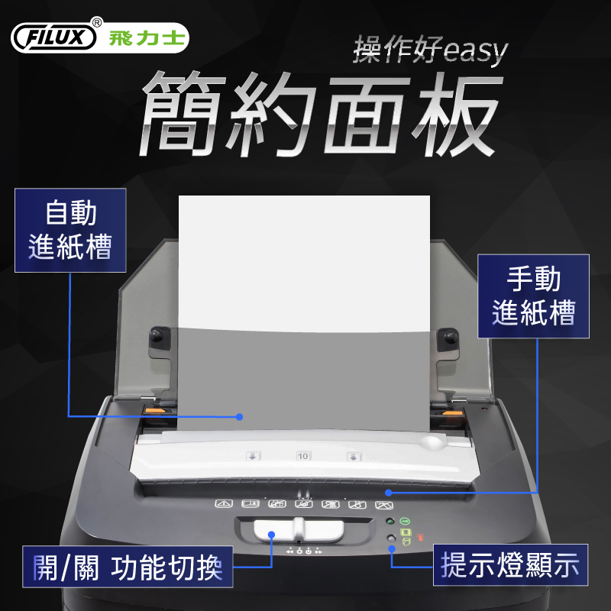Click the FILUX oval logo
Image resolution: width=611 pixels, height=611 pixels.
[x=53, y=37]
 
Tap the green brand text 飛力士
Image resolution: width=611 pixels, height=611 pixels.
[x=147, y=38]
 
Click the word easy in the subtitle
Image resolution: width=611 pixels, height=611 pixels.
[x=475, y=50]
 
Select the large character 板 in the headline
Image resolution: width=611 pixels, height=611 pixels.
[x=454, y=113]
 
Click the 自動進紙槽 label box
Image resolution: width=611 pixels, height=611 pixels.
[x=70, y=230]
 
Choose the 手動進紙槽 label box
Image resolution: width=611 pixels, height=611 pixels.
[x=533, y=296]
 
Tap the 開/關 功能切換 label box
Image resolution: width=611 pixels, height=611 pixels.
[x=128, y=567]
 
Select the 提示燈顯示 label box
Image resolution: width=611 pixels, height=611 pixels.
[x=510, y=564]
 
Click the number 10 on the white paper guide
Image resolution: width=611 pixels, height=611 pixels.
[x=302, y=456]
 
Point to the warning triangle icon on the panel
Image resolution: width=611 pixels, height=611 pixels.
[x=224, y=504]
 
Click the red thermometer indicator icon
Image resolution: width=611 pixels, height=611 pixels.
[x=420, y=538]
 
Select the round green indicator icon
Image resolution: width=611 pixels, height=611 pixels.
[x=406, y=521]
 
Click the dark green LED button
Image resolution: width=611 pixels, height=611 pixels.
[x=390, y=521]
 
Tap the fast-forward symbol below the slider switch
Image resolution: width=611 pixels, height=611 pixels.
[x=318, y=551]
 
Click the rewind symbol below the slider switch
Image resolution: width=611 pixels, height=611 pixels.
[x=289, y=551]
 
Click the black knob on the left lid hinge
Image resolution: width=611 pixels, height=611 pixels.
[x=157, y=335]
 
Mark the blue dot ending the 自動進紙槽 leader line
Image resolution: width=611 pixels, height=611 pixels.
[x=240, y=417]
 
